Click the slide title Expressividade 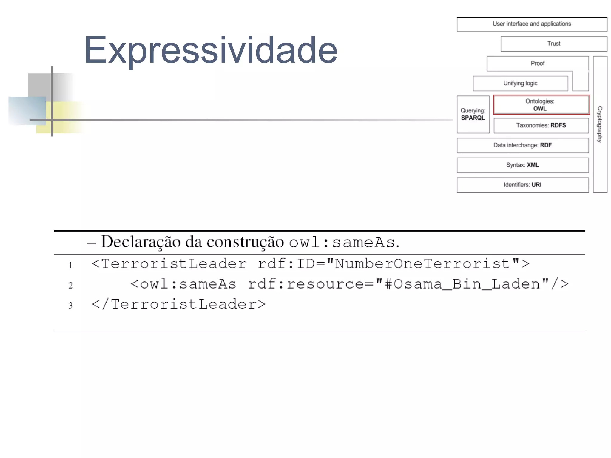(x=210, y=50)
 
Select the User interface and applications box (x=532, y=24)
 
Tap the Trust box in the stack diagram (x=554, y=44)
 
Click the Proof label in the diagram (x=537, y=64)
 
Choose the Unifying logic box (x=520, y=84)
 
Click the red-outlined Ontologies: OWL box (x=541, y=105)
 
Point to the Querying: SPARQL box (x=473, y=114)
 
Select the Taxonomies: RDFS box (x=541, y=126)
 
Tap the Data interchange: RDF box (x=522, y=145)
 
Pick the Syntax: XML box (x=522, y=165)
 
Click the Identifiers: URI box (x=522, y=185)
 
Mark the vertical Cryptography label (x=600, y=124)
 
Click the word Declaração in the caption (x=141, y=242)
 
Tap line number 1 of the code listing (x=70, y=265)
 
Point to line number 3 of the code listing (x=70, y=305)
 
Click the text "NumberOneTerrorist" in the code (x=422, y=264)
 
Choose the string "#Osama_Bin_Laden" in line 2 (x=462, y=284)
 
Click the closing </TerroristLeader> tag (x=178, y=304)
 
